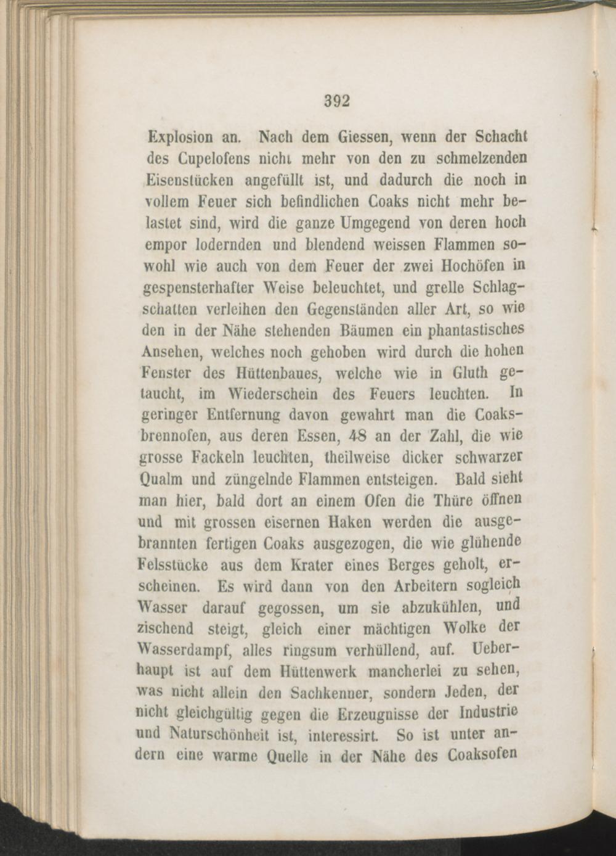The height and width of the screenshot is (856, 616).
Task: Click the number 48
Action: click(x=355, y=437)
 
